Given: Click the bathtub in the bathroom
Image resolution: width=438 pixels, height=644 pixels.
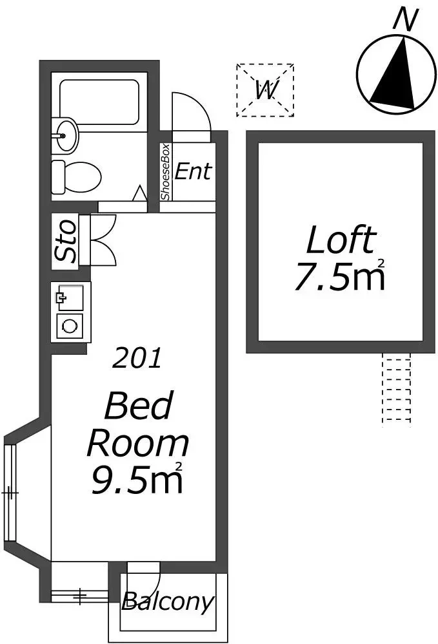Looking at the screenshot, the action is point(99,102).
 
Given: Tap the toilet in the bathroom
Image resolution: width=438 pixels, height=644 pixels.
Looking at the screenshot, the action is point(77,177).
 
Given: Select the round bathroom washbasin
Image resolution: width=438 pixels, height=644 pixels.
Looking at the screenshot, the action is point(65,135).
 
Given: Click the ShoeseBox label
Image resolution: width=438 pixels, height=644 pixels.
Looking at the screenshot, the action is point(165,172).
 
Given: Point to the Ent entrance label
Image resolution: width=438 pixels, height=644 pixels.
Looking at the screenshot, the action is point(194,171).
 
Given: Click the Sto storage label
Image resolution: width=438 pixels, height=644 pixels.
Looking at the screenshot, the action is point(66,241).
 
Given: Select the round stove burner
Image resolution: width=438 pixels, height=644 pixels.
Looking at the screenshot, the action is point(70,327).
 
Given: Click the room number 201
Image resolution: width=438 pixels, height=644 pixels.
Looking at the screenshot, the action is point(137,357).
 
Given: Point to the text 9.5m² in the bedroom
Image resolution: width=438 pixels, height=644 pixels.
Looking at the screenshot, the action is point(137,478).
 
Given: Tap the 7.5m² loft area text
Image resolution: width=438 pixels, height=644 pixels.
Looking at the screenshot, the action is point(340,275).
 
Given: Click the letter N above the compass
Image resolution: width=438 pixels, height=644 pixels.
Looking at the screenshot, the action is point(406,20).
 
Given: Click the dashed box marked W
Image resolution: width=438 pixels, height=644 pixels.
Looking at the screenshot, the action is point(265,90).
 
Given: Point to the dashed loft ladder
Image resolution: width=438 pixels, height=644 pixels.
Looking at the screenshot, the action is point(397,390).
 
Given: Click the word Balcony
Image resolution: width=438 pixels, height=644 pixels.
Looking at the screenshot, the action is point(168,602).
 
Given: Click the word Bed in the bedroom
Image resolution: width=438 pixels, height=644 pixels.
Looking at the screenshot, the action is point(139,406).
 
